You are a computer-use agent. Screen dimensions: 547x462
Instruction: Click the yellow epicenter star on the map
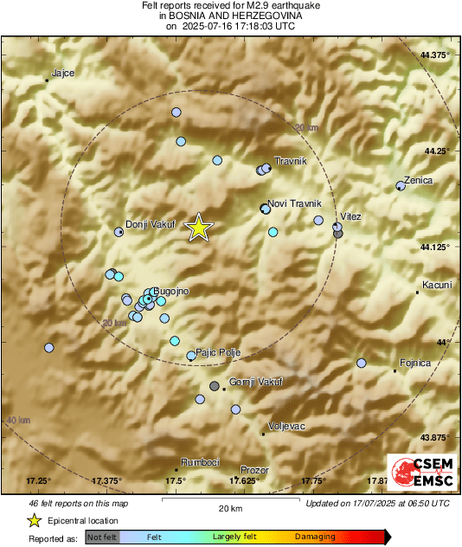click(x=199, y=228)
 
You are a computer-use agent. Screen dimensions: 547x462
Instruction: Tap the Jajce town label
click(x=63, y=74)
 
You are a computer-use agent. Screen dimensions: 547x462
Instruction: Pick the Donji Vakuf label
click(x=151, y=224)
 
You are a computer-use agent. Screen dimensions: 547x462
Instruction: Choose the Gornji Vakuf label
click(x=255, y=382)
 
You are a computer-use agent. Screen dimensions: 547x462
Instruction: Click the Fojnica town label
click(x=414, y=363)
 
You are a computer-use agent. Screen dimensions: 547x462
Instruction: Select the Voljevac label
click(x=286, y=427)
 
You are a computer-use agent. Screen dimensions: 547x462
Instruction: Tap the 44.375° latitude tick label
click(x=434, y=55)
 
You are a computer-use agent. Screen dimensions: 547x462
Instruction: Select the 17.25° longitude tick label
click(x=39, y=480)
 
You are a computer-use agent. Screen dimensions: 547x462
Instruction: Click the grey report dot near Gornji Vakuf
click(x=215, y=386)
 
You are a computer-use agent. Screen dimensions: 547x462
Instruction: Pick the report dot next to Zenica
click(x=400, y=185)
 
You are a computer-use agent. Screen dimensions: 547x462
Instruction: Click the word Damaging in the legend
click(x=315, y=537)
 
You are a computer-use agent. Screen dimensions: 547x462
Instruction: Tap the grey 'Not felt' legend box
click(x=102, y=537)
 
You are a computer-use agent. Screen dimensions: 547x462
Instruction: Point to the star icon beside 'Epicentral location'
click(x=34, y=520)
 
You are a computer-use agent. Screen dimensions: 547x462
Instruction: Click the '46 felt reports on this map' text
click(x=77, y=503)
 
